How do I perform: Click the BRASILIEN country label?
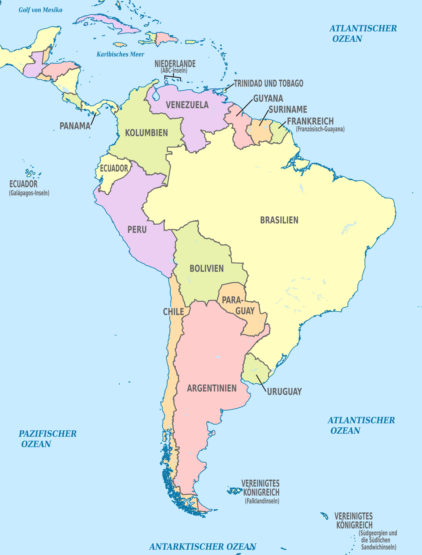pos(279,220)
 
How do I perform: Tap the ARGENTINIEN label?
pos(212,388)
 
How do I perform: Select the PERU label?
pos(137,230)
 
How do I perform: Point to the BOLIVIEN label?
pos(207,268)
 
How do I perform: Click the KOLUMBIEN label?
pos(146,133)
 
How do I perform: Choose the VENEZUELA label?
pos(187,105)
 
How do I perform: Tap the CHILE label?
pos(173,312)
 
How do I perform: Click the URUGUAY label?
pos(284,392)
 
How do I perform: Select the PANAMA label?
pos(75,126)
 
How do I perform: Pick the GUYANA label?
pos(268,98)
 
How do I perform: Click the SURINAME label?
pos(288,109)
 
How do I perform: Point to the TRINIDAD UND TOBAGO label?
pos(269,83)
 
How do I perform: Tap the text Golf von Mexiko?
pos(40,10)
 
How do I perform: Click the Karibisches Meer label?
pos(120,54)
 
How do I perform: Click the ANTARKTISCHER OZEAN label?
pos(203,546)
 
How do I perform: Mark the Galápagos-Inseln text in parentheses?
pos(29,193)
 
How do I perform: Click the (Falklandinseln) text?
pos(262,501)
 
